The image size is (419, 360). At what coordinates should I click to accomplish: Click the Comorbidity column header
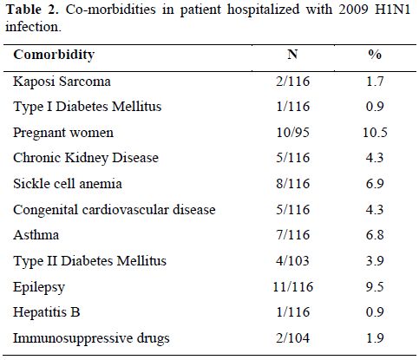54,55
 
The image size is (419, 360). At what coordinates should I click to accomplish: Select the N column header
292,54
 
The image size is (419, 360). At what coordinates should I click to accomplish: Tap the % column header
375,54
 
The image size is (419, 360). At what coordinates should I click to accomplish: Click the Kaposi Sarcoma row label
62,82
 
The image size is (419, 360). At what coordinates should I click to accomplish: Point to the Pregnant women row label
63,133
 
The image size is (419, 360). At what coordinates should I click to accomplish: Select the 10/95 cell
293,133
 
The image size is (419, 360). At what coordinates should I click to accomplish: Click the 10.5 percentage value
375,133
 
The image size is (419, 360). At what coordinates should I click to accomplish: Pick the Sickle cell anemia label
68,184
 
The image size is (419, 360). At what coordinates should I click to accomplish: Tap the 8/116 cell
293,184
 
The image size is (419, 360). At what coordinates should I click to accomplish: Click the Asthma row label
36,234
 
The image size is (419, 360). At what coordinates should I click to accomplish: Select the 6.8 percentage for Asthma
375,234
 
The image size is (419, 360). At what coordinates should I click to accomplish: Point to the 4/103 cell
292,260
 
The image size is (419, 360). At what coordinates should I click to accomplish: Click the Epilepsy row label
39,287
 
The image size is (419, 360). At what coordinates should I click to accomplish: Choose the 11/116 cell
293,286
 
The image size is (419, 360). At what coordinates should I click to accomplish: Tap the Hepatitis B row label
47,312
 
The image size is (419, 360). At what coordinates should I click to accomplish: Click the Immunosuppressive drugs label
91,338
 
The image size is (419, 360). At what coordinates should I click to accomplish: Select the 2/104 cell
292,337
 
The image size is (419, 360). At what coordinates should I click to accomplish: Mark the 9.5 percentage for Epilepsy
375,286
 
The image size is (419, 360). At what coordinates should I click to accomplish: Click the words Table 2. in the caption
32,10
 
